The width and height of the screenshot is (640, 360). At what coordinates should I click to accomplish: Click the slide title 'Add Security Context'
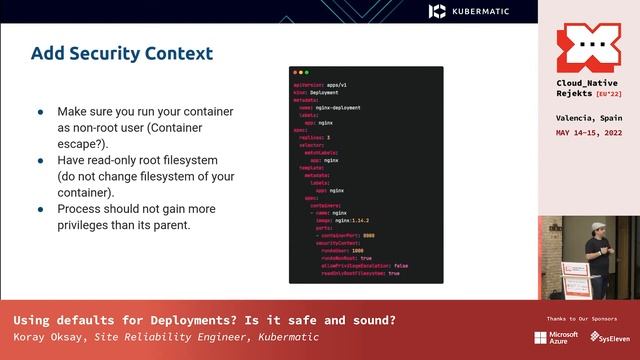click(x=121, y=53)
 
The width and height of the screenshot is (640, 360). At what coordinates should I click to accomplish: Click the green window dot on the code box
click(x=309, y=73)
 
